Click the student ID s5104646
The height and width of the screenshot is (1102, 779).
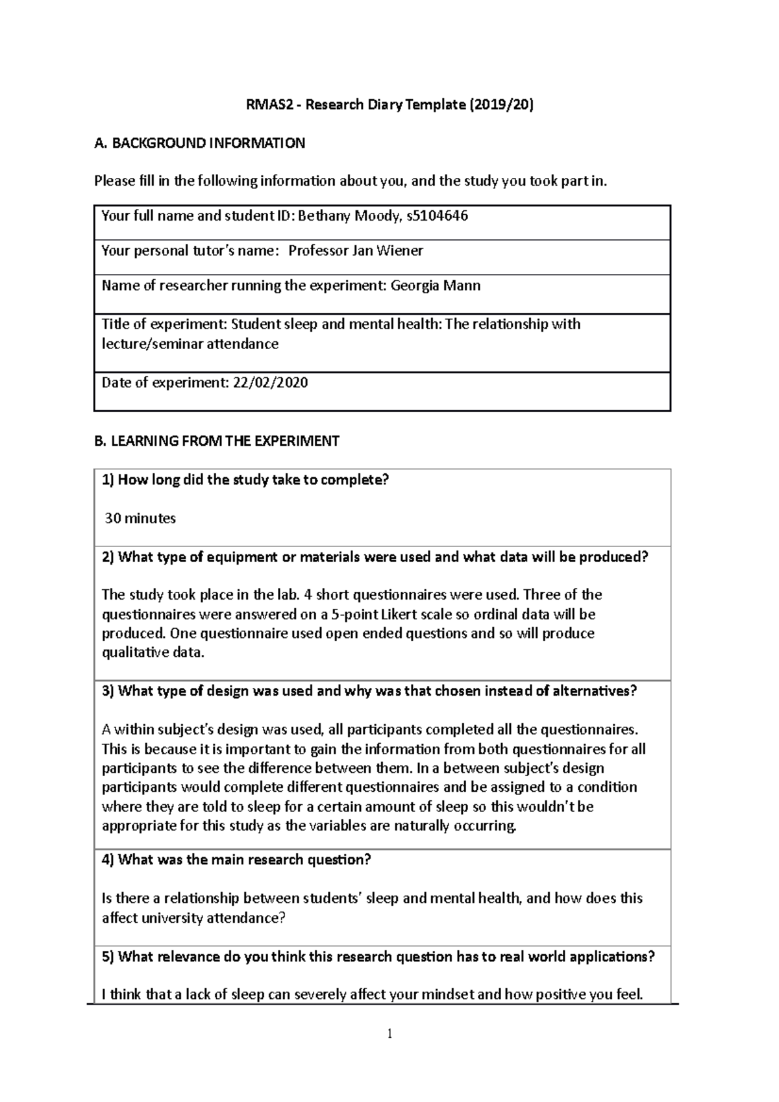tap(436, 216)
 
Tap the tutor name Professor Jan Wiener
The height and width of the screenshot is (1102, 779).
tap(355, 251)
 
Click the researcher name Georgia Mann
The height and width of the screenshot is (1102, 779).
tap(435, 286)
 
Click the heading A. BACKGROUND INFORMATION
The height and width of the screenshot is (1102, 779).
tap(199, 143)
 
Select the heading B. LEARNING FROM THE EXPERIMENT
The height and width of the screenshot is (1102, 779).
tap(217, 441)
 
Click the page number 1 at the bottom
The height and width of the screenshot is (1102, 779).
tap(389, 1034)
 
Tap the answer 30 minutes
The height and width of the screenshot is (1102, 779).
tap(140, 519)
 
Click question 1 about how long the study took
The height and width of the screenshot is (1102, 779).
tap(245, 480)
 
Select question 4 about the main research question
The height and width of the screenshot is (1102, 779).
tap(236, 860)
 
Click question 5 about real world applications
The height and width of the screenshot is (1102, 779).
tap(378, 957)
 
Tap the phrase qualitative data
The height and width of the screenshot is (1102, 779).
tap(153, 653)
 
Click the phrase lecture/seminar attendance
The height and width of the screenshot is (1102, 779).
tap(190, 344)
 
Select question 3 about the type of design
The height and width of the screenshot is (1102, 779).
tap(369, 691)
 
